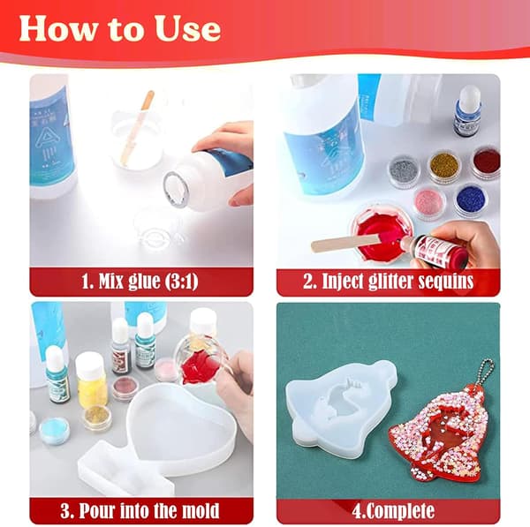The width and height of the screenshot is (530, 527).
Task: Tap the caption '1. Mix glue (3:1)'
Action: click(140, 282)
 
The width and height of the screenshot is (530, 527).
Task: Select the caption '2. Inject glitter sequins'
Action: click(388, 282)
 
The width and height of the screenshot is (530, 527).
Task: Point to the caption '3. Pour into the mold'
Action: click(140, 510)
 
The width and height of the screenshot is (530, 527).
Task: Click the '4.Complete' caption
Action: click(393, 511)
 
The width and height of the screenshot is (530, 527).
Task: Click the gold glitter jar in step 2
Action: click(445, 167)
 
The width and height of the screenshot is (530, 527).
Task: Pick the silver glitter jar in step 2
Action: click(405, 171)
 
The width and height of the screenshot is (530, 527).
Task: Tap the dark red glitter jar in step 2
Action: click(486, 162)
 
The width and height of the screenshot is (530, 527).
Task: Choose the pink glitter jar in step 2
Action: click(430, 203)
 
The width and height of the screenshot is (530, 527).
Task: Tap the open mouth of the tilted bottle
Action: click(176, 188)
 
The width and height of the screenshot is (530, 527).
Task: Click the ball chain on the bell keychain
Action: click(484, 374)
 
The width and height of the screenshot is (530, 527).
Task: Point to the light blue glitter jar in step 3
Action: click(54, 431)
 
